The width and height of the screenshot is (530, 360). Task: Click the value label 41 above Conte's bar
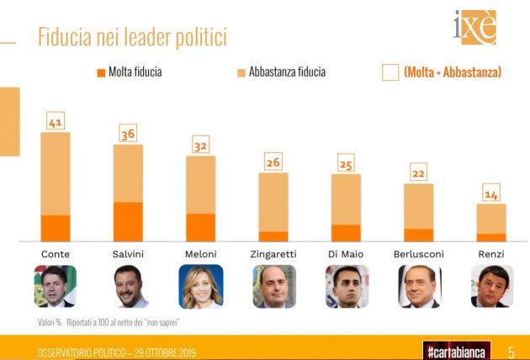tap(56, 122)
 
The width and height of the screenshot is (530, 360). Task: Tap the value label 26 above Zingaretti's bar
tap(273, 162)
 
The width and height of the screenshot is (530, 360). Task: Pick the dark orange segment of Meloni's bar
tap(200, 227)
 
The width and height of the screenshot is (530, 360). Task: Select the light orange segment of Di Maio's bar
tap(345, 199)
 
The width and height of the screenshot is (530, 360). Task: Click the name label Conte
tap(56, 254)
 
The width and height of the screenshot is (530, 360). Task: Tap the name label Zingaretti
tap(273, 254)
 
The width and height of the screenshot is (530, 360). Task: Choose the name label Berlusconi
tap(418, 254)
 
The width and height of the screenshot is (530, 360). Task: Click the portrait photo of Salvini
tap(128, 287)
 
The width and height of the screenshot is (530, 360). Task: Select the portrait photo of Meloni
tap(200, 287)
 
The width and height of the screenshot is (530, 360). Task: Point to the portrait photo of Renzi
tap(490, 287)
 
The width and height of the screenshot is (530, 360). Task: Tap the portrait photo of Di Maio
tap(346, 287)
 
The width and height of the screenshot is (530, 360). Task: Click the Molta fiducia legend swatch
tap(100, 72)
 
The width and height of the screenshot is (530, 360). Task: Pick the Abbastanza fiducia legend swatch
tap(241, 72)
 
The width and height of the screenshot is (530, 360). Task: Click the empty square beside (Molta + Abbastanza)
tap(390, 72)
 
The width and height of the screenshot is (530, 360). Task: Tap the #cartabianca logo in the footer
tap(455, 349)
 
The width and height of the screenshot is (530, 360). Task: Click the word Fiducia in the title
tap(69, 37)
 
